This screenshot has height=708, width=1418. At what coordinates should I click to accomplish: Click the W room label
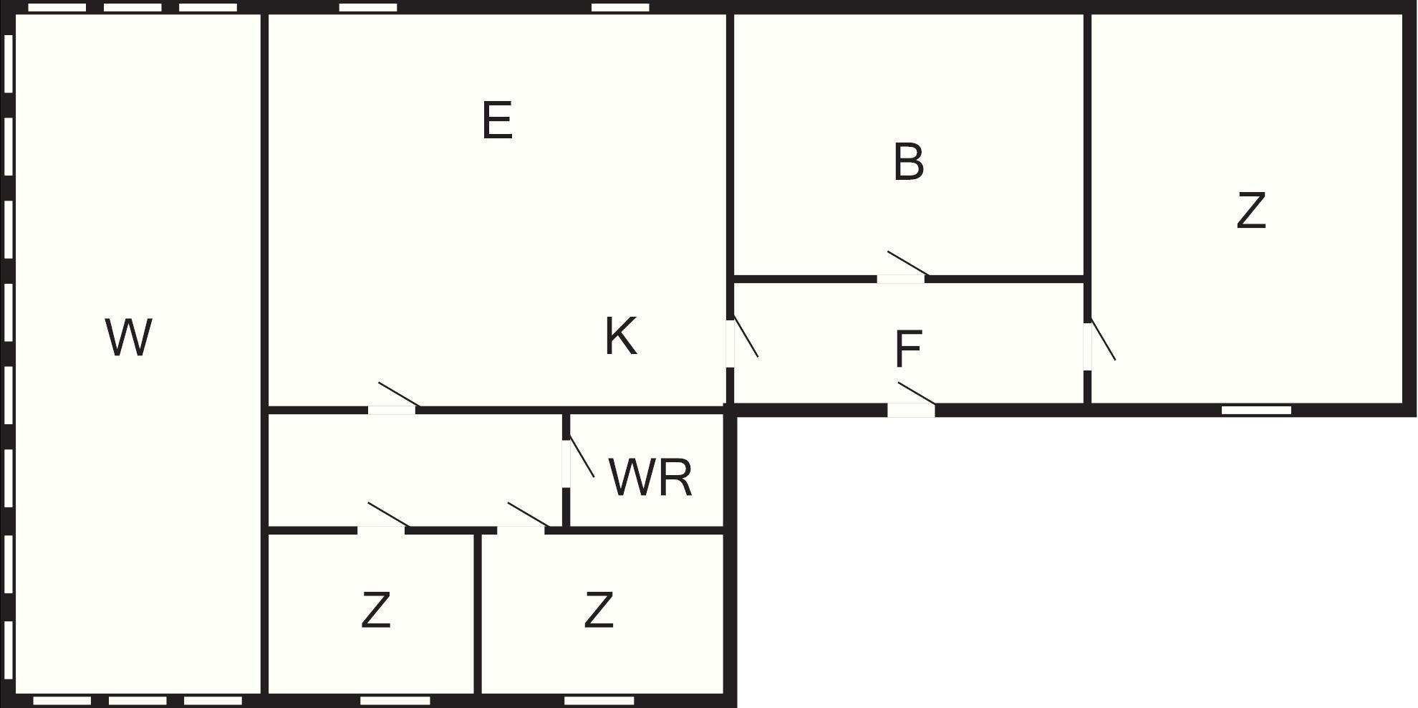[x=129, y=338]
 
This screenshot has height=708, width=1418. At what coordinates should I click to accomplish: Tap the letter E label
[x=497, y=120]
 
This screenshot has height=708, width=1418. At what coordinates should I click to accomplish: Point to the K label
[x=620, y=336]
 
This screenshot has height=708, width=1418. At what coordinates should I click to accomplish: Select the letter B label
[x=909, y=162]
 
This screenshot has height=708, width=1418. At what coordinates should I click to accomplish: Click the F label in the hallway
[x=908, y=349]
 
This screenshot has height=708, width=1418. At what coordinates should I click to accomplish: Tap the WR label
[x=650, y=477]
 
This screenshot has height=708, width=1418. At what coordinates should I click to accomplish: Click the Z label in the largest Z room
[x=1251, y=211]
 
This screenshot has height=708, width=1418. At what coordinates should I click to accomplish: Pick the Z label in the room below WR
[x=598, y=610]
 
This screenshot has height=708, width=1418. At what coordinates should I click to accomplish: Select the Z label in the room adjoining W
[x=375, y=610]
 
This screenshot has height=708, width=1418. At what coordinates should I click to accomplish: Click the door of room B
[x=902, y=278]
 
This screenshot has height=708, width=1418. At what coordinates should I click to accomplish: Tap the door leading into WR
[x=566, y=464]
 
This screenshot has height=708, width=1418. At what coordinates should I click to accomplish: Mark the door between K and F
[x=730, y=343]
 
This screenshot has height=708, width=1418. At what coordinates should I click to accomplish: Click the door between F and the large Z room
[x=1087, y=346]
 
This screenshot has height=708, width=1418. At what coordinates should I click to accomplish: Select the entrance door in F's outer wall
[x=912, y=410]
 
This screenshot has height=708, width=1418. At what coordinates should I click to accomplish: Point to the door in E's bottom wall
[x=392, y=410]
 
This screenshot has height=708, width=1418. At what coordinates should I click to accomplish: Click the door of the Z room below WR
[x=521, y=530]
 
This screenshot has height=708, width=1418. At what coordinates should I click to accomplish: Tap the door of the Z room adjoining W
[x=381, y=530]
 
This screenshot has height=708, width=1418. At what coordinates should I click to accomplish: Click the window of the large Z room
[x=1256, y=410]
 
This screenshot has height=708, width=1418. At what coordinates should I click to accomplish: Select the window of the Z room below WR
[x=599, y=700]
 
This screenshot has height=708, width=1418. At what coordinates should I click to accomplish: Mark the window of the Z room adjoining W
[x=395, y=700]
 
